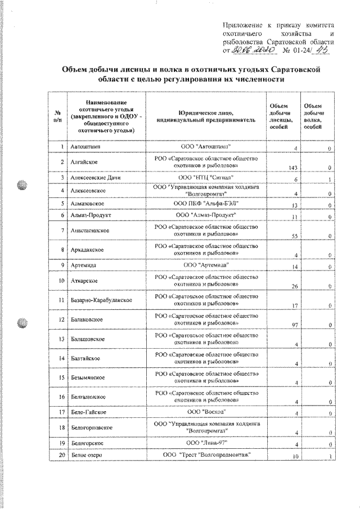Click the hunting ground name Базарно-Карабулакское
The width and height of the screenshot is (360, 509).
101,299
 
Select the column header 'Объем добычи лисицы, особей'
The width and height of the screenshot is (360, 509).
280,116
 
